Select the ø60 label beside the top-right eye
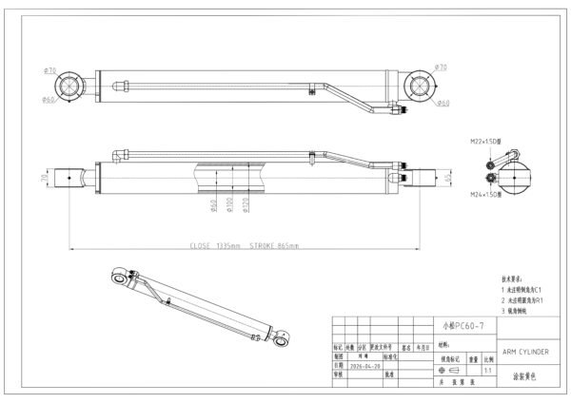pyautogui.click(x=443, y=103)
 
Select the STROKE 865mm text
pyautogui.click(x=274, y=245)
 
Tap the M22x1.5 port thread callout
pyautogui.click(x=486, y=141)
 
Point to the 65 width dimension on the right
pyautogui.click(x=448, y=177)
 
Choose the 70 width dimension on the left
pyautogui.click(x=45, y=177)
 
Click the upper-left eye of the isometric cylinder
pyautogui.click(x=117, y=275)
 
